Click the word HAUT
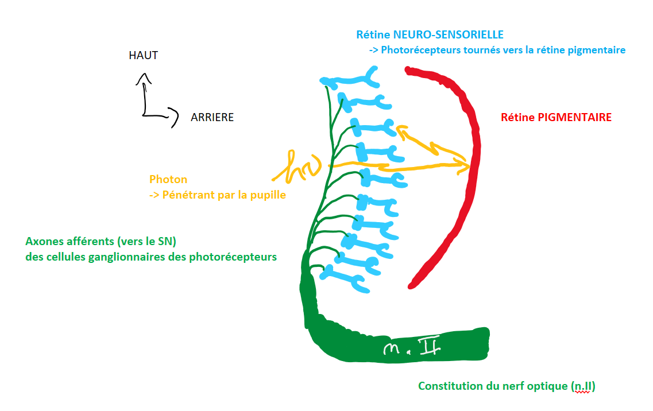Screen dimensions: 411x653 tap(144, 56)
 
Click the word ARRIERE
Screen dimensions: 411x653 tap(212, 117)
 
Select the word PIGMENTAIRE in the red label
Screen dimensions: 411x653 tap(574, 117)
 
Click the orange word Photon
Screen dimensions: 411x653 tap(168, 180)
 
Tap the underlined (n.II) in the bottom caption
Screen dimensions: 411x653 tap(583, 386)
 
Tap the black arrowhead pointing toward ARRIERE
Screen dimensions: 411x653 tap(172, 119)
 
